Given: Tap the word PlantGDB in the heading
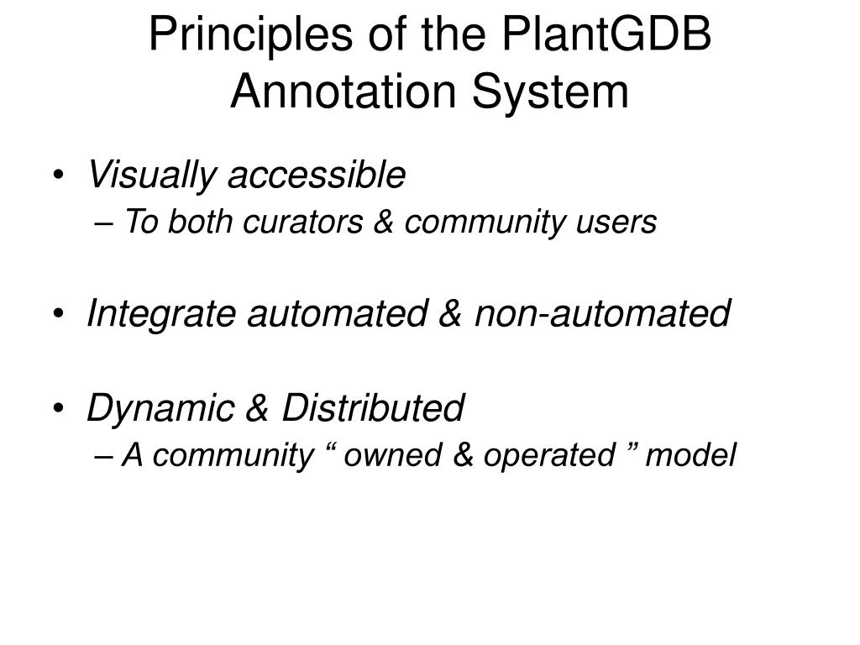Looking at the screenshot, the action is coord(608,36).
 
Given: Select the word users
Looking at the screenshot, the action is coord(624,223).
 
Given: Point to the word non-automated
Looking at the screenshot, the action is coord(602,314).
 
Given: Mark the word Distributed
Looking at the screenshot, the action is coord(372,409).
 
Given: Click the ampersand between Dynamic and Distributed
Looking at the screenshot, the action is coord(254,409).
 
